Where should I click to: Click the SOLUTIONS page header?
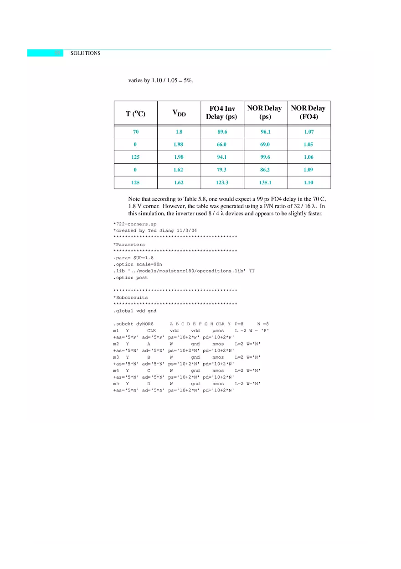coord(85,53)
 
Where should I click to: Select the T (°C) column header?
coord(135,114)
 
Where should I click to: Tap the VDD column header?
coord(179,113)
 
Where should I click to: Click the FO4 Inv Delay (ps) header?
coord(222,113)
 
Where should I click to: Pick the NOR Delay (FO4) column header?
coord(308,113)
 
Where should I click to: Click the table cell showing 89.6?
coord(222,132)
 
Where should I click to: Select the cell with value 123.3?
coord(222,183)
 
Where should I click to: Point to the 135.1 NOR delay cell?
coord(265,183)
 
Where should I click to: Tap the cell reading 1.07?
coord(308,132)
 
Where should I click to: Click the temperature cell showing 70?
coord(135,132)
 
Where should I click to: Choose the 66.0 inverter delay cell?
coord(222,145)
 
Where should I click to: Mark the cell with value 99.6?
coord(265,157)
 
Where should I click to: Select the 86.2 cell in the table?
coord(265,170)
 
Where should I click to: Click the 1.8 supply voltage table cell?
coord(179,132)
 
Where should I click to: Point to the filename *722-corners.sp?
coord(135,224)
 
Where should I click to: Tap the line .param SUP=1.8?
coord(134,258)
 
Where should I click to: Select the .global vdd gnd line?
coord(135,311)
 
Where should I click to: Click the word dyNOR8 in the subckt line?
coord(145,324)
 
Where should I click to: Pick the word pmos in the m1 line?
coord(218,330)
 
